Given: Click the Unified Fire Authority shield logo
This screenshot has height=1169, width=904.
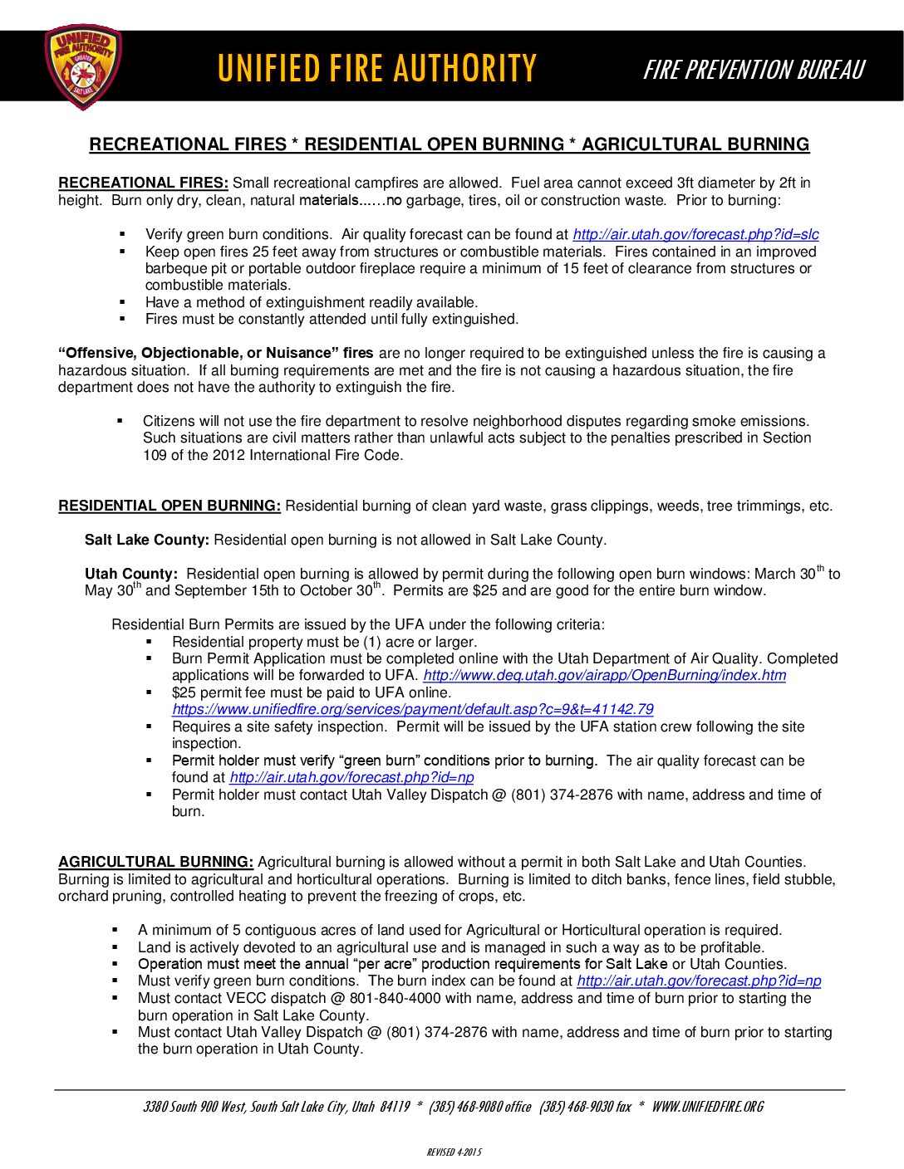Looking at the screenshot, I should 83,66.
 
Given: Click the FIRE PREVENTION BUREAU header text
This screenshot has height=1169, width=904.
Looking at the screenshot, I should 754,70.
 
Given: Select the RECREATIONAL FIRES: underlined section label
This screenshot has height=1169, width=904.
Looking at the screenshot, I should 143,183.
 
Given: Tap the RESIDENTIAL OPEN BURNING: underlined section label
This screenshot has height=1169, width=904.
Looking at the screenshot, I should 169,506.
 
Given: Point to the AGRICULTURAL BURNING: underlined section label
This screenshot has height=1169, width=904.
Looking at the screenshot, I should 155,862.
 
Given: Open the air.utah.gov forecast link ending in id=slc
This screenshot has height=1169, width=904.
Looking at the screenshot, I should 695,235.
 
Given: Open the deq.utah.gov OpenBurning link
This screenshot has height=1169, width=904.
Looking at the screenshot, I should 604,676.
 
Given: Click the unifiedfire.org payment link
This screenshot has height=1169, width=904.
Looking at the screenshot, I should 412,710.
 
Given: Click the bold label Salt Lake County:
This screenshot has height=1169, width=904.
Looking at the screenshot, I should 147,540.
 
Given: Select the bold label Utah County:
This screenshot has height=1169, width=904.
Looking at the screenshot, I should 130,574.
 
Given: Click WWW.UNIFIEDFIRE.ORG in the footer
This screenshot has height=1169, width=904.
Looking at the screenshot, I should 707,1107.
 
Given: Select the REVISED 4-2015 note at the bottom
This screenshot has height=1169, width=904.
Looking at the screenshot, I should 454,1152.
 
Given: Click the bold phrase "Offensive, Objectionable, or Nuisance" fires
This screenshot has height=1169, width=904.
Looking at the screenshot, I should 215,353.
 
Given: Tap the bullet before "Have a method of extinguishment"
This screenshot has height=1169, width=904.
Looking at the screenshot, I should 122,302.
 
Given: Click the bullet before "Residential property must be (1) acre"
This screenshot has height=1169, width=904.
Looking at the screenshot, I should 150,642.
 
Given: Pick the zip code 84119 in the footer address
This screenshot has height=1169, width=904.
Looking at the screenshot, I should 395,1107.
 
